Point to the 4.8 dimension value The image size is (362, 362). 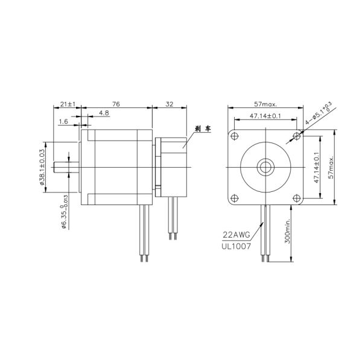tap(103, 113)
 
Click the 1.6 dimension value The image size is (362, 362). tap(64, 121)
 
